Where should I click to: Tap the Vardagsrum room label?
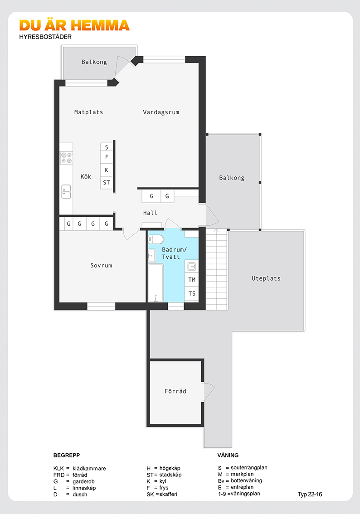point(161,112)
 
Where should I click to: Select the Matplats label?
point(88,112)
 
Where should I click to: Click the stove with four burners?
point(66,158)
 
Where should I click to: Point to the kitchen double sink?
point(66,192)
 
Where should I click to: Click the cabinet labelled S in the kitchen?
point(107,147)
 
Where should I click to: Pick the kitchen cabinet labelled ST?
point(107,183)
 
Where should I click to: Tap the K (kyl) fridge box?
point(107,170)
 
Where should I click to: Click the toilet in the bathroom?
point(156,239)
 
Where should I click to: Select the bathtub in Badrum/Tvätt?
point(156,283)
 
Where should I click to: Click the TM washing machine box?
point(192,280)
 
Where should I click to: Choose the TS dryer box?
point(192,294)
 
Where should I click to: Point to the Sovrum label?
point(101,266)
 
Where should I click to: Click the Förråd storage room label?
point(175,391)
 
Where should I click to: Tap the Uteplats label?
point(266,279)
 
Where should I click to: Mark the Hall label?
point(150,213)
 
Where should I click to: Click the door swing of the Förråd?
point(209,392)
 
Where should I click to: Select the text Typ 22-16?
point(310,495)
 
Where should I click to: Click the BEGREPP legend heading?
point(67,456)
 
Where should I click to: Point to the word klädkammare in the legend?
point(89,468)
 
